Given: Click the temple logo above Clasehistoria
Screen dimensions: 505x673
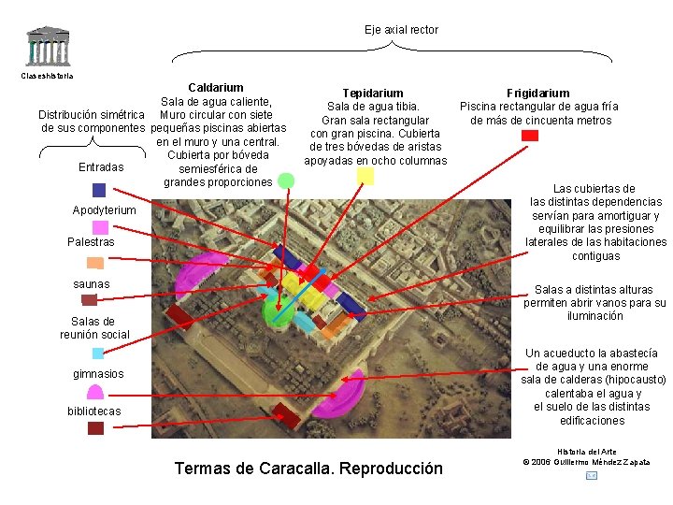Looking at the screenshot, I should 47,47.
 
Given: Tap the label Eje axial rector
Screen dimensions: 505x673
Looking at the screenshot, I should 401,30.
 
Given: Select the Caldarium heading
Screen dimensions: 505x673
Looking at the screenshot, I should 216,88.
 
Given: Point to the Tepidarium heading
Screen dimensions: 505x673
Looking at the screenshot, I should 373,94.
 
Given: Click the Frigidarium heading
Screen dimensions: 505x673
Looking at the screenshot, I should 537,94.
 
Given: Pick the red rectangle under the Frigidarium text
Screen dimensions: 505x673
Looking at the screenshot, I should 530,136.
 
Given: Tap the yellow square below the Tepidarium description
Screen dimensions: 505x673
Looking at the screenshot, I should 365,175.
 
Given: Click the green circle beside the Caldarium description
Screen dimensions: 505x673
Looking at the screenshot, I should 285,180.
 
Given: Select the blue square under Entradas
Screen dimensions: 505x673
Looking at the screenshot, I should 99,190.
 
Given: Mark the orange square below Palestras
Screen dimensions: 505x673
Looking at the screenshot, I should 94,263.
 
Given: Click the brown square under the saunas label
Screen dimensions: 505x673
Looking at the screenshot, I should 90,300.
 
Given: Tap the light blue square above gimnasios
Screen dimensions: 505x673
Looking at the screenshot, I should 98,353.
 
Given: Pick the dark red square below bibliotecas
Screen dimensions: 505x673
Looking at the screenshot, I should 95,428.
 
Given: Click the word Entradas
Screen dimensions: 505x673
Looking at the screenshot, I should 101,167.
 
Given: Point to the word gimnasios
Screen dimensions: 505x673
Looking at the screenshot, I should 98,374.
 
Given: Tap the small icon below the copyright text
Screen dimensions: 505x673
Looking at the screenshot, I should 591,476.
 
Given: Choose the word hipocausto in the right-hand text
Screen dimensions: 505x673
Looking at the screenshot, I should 631,380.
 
